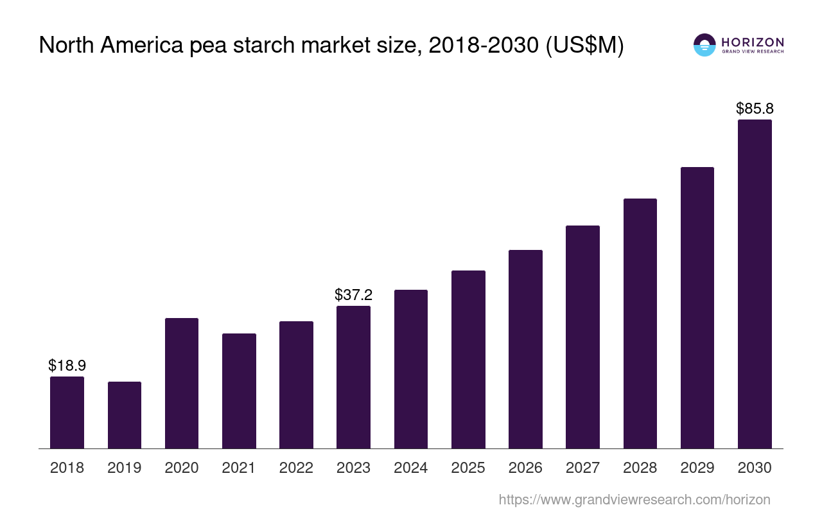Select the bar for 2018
[x=67, y=412]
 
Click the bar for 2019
[x=125, y=415]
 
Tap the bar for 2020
[x=182, y=383]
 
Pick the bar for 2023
[x=353, y=377]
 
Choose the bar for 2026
[x=525, y=349]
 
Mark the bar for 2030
[x=755, y=284]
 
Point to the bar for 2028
[x=640, y=323]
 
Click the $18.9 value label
[x=67, y=366]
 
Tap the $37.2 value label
[x=353, y=295]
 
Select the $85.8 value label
[x=755, y=109]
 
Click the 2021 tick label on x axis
[x=239, y=468]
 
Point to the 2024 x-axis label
[x=411, y=468]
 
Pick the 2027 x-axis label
[x=582, y=468]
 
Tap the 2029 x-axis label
[x=697, y=468]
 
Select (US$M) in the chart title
[x=584, y=46]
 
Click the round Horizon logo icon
[x=704, y=45]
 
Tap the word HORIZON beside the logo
[x=753, y=42]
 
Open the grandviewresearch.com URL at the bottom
[x=634, y=499]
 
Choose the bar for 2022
[x=296, y=385]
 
